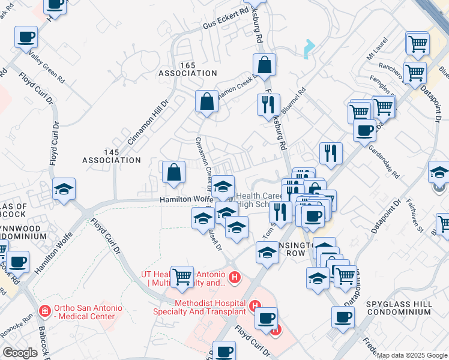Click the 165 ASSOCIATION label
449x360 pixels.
(187, 68)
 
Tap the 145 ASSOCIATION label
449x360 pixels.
(113, 156)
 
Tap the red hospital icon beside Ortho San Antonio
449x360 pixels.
(44, 310)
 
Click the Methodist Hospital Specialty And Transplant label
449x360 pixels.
(210, 307)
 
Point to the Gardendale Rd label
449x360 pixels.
(384, 163)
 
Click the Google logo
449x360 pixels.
(20, 353)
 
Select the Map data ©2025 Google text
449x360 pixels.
(412, 355)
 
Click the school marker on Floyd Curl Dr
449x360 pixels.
(64, 189)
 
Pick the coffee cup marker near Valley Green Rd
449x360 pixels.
(26, 37)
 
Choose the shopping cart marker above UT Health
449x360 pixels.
(182, 277)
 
